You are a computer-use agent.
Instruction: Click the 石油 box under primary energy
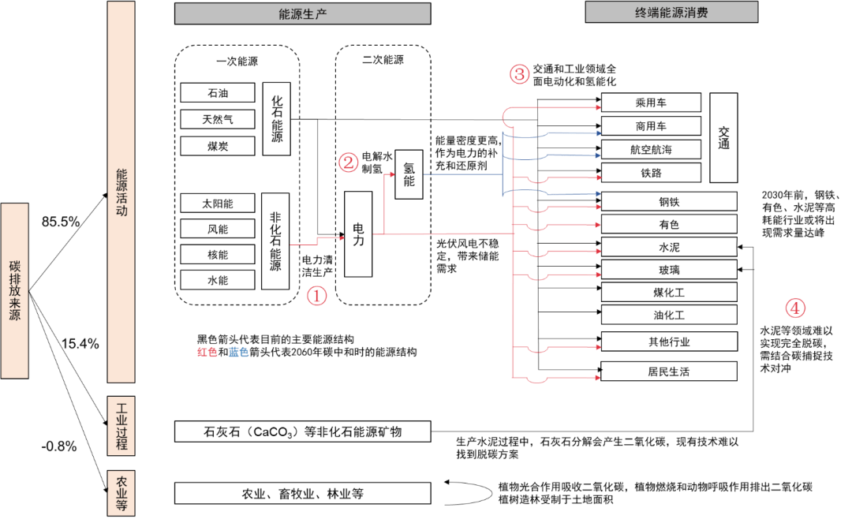(x=218, y=93)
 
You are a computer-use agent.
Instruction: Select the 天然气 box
(x=218, y=119)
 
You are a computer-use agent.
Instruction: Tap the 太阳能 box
(x=218, y=203)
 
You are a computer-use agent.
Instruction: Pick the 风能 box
(x=218, y=229)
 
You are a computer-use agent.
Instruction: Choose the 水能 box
(x=218, y=279)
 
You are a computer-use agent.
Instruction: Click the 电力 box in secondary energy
(x=358, y=234)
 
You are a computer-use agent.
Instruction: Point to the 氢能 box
(x=409, y=174)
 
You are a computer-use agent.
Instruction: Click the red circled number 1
(x=316, y=296)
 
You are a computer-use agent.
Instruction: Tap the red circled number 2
(x=349, y=162)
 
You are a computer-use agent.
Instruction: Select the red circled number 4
(x=796, y=308)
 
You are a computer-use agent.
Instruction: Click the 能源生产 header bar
(x=302, y=13)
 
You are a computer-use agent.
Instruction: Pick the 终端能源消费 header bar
(x=671, y=13)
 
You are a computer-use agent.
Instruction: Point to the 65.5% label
(x=61, y=222)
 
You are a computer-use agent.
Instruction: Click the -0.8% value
(x=59, y=446)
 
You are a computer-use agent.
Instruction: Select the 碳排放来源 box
(x=16, y=290)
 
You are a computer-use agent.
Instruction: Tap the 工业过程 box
(x=121, y=426)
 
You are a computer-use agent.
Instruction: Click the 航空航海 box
(x=651, y=149)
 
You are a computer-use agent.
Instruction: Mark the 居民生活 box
(x=651, y=371)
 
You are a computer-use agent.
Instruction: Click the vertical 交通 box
(x=723, y=137)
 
